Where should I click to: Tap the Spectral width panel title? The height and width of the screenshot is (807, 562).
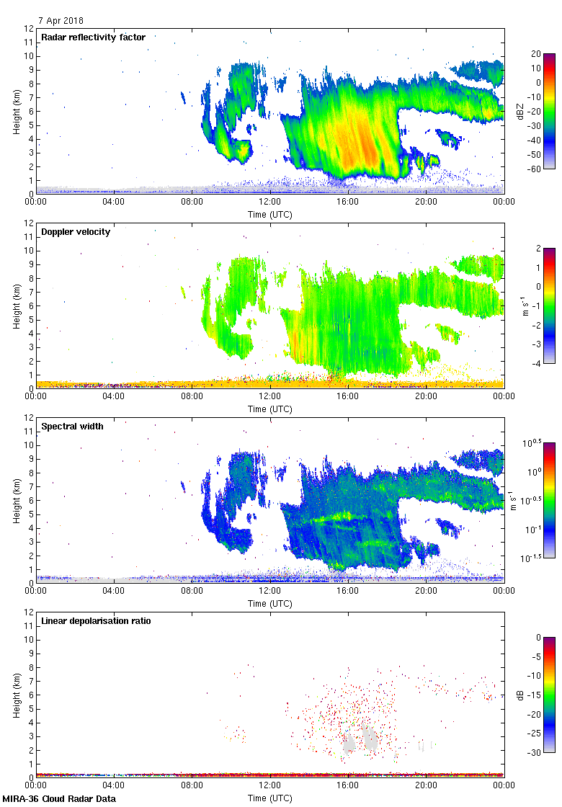click(x=73, y=427)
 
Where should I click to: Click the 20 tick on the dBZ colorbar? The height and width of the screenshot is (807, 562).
click(x=535, y=54)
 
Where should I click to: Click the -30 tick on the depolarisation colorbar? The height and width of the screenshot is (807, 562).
click(x=535, y=752)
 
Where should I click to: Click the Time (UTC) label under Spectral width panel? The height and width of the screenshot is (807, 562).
click(x=270, y=604)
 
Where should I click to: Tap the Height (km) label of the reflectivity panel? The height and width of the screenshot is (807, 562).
click(x=16, y=111)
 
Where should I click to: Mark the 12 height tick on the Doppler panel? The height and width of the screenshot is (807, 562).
click(x=30, y=223)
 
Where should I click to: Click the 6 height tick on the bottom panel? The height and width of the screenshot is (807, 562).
click(x=32, y=695)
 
